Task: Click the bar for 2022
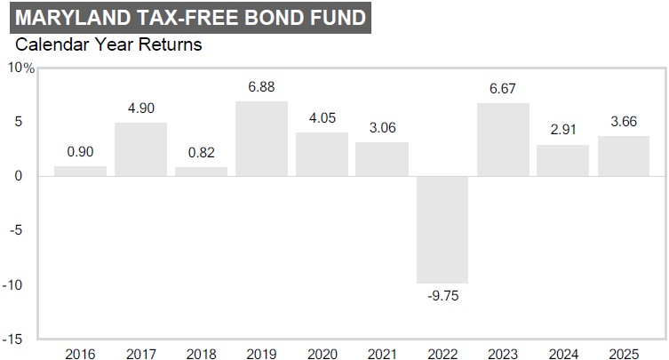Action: coord(442,229)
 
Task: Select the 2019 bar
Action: coord(261,139)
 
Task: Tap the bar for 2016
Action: coord(80,172)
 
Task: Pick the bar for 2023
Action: coord(503,140)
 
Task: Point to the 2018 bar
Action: coord(201,172)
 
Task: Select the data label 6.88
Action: coord(261,87)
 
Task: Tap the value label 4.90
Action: coord(140,108)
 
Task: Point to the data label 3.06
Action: coord(382,128)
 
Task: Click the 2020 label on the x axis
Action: coord(322,353)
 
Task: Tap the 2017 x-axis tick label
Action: coord(140,353)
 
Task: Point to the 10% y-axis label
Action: coord(20,68)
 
